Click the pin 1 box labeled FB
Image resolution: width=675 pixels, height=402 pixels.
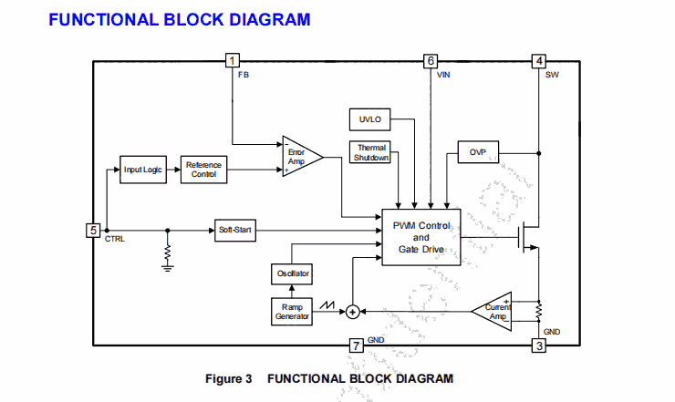[x=233, y=61]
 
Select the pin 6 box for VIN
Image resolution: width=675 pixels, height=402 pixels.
[x=431, y=61]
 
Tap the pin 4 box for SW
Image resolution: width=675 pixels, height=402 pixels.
[x=539, y=61]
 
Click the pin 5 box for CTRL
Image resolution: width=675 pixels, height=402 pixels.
[x=92, y=230]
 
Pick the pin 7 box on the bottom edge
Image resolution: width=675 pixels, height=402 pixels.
[x=357, y=345]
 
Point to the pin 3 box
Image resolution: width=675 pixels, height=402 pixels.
[x=539, y=345]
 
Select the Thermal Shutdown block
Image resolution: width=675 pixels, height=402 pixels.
[x=371, y=153]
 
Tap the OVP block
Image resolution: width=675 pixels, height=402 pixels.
[x=477, y=153]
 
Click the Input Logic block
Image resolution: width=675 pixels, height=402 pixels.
[x=144, y=170]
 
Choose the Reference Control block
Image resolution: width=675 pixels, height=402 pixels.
[x=203, y=170]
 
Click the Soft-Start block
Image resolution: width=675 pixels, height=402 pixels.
[x=235, y=230]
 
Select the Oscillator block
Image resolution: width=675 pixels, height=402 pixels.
[x=293, y=273]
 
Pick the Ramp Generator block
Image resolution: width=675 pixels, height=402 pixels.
[x=292, y=312]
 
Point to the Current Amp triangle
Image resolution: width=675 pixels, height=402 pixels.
[x=493, y=312]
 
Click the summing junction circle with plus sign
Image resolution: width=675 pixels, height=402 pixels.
[x=352, y=312]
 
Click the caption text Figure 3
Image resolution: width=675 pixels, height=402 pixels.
[x=229, y=378]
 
